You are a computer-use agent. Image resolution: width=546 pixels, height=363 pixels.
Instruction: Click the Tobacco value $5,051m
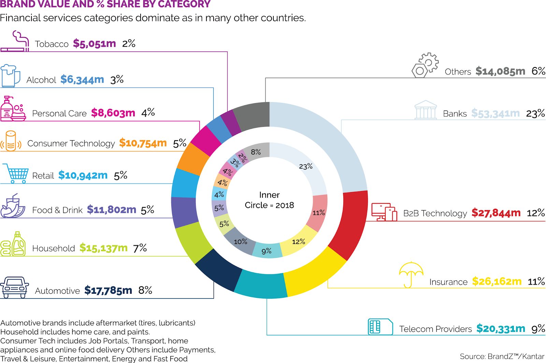(x=95, y=44)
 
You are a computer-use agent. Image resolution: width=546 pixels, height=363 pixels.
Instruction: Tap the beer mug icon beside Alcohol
(x=10, y=76)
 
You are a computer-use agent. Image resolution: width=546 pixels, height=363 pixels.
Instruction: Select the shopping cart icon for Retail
(x=16, y=173)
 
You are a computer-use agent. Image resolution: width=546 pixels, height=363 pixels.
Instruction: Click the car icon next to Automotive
(x=14, y=287)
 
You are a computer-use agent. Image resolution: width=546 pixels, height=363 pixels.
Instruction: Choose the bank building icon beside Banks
(x=426, y=110)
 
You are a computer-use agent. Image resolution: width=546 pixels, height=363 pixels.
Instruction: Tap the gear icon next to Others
(x=426, y=65)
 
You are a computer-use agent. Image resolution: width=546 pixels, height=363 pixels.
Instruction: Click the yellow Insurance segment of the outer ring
(x=314, y=273)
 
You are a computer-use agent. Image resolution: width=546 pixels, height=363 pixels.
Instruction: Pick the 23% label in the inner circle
(x=306, y=166)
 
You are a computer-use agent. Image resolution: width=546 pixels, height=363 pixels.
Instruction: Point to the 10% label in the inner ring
(x=241, y=242)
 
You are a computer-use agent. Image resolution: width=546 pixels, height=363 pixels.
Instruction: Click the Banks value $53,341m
(x=495, y=113)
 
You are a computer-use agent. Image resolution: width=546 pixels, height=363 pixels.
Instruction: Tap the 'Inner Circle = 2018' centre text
(x=269, y=200)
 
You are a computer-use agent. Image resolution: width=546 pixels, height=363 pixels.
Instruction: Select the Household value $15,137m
(x=103, y=248)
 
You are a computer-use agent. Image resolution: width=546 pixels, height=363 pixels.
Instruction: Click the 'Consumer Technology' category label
(x=71, y=143)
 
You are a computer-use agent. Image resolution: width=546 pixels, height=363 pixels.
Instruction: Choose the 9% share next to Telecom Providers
(x=538, y=329)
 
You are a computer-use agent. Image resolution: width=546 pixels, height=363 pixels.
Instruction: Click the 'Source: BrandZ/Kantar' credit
(x=502, y=357)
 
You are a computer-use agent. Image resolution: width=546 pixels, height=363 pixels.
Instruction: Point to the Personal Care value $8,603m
(x=113, y=113)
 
